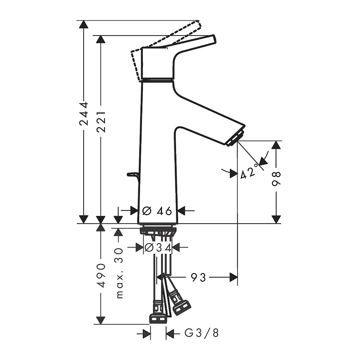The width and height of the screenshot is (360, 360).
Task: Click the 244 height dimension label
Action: coord(84,114)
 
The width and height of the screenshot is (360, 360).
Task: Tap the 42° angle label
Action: coord(248,173)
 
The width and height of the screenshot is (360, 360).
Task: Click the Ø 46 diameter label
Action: coord(157,210)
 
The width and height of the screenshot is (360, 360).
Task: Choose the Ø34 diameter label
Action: coord(158,248)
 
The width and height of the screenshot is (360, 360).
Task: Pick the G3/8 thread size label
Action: coord(202,333)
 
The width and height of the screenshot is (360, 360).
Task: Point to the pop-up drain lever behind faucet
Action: coord(132,174)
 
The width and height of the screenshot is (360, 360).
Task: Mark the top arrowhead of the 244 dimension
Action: coord(84,24)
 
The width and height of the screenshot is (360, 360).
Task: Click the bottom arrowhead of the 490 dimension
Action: coord(101,320)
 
